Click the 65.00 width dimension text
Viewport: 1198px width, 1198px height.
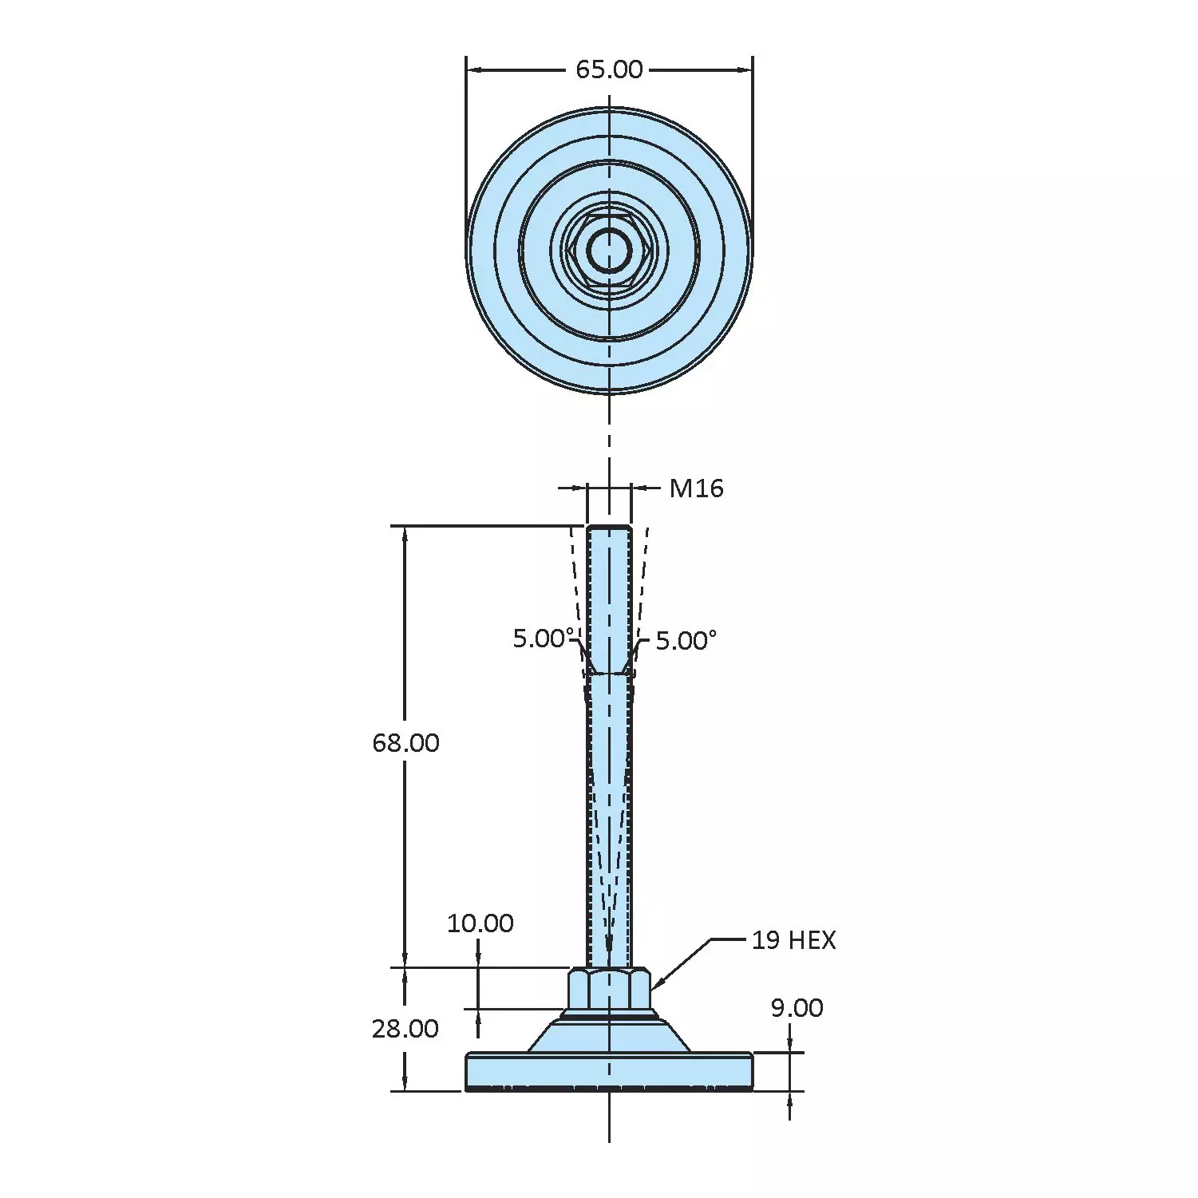pos(609,70)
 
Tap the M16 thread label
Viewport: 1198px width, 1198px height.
pos(696,488)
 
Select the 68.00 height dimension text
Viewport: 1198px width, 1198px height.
pos(405,743)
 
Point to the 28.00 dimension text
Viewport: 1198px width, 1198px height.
pos(405,1029)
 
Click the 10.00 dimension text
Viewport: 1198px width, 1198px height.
pos(480,923)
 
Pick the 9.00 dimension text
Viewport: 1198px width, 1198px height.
pos(797,1008)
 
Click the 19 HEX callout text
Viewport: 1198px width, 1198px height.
pos(793,940)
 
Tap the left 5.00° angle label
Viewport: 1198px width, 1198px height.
pos(543,639)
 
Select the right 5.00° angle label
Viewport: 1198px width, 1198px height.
pos(686,641)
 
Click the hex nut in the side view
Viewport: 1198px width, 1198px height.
pos(609,990)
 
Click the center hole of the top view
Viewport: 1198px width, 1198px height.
pos(609,250)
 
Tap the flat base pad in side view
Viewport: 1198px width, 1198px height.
pos(609,1071)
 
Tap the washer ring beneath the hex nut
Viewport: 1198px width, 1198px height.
pos(609,1015)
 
